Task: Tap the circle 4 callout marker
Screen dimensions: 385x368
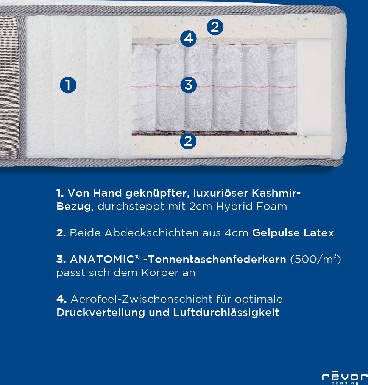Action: coord(189,38)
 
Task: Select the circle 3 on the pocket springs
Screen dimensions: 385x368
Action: coord(189,85)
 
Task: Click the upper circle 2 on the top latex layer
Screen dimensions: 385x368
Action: coord(215,27)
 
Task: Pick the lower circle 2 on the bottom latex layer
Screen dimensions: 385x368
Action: coord(188,141)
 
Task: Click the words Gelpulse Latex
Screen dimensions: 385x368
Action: coord(293,233)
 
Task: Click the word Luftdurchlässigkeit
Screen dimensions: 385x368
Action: coord(226,313)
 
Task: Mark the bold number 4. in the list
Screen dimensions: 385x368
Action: coord(61,299)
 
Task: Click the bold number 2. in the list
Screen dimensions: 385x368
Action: coord(61,233)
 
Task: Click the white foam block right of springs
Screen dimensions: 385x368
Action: coord(314,87)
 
